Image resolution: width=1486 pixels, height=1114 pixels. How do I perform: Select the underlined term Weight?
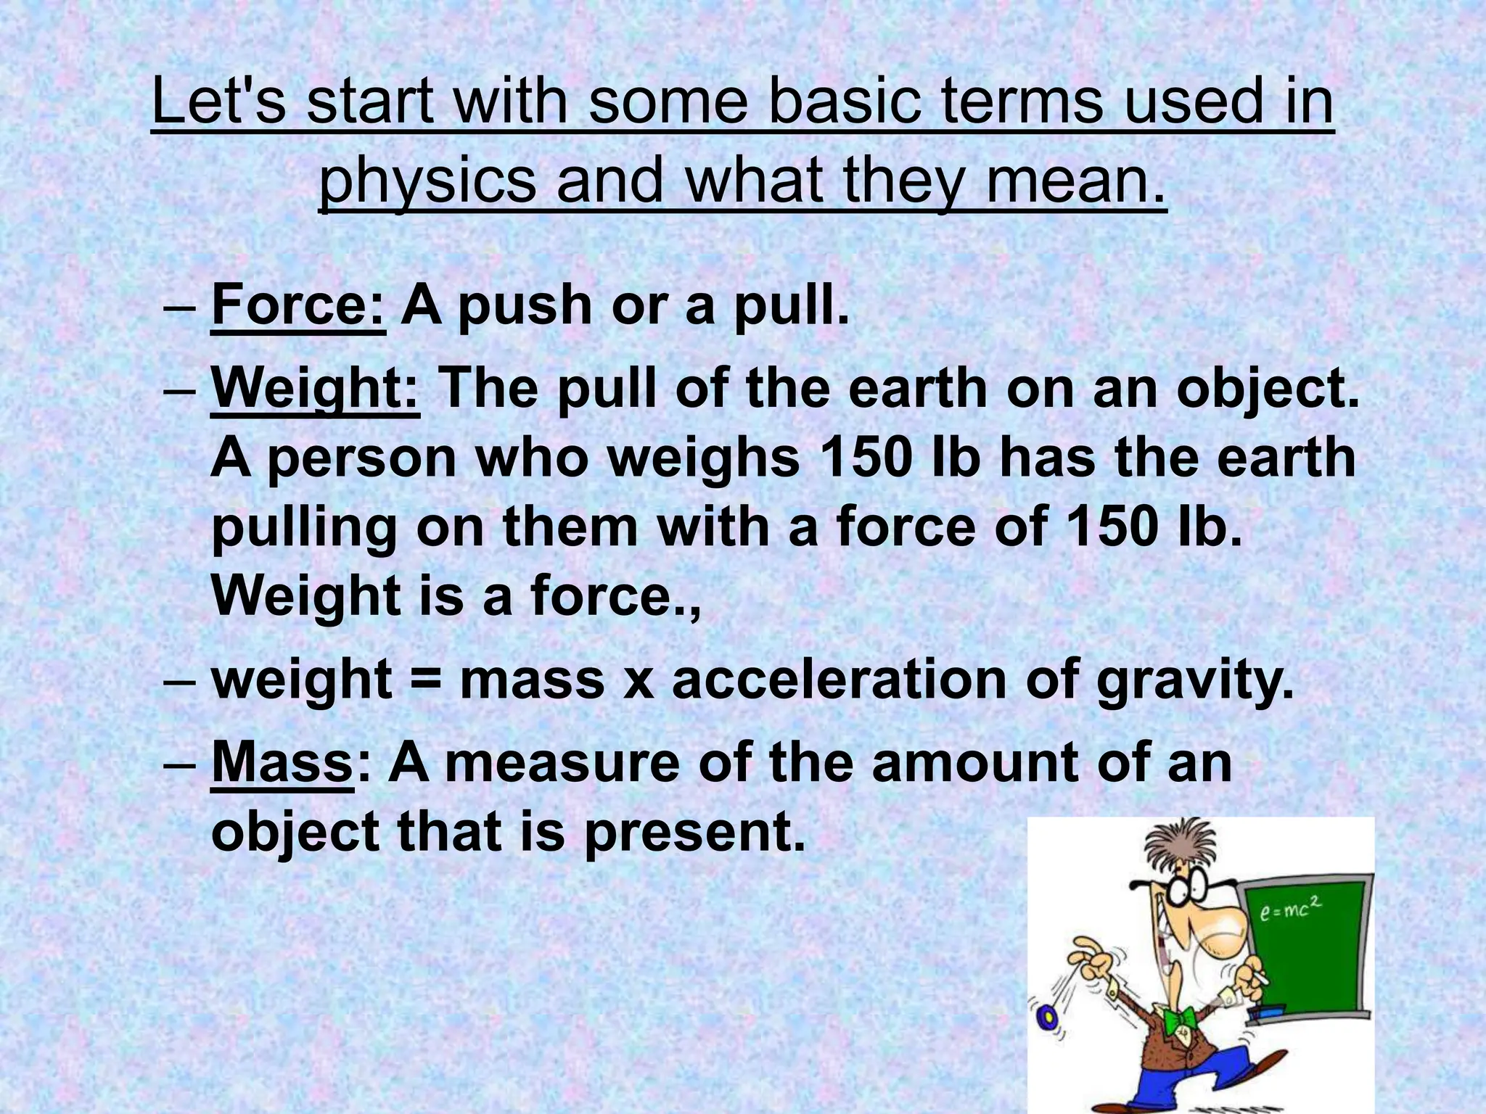click(x=314, y=390)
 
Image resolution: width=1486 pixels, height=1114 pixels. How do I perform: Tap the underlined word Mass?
click(x=282, y=763)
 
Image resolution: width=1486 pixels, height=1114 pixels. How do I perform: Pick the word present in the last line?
click(x=694, y=833)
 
